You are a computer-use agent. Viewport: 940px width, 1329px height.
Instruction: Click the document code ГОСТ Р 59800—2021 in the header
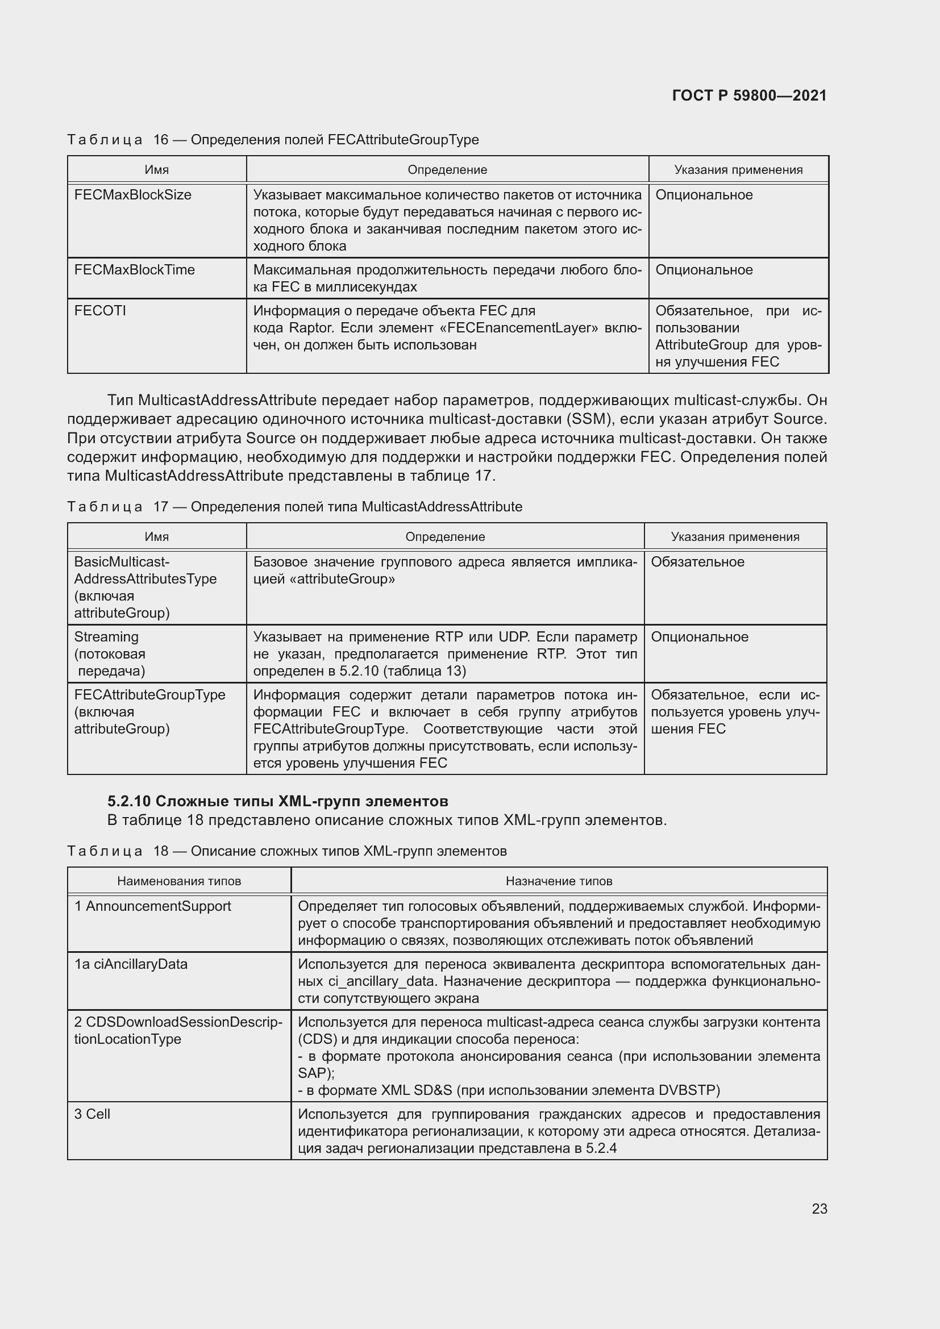coord(749,95)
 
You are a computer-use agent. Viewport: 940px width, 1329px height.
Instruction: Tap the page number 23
coord(819,1209)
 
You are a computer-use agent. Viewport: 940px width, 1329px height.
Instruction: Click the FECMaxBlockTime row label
coord(134,270)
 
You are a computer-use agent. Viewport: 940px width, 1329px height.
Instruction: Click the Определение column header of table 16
coord(447,169)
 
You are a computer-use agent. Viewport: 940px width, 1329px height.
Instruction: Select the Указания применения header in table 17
coord(734,536)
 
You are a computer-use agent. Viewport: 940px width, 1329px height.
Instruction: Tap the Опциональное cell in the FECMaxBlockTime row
coord(703,270)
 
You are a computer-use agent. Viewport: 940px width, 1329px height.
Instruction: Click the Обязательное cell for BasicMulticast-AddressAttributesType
coord(697,562)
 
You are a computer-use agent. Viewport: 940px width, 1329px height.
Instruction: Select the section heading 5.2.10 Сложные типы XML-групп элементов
coord(277,801)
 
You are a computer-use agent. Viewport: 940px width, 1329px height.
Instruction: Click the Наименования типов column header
coord(179,881)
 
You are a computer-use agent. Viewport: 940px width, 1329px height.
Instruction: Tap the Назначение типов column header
coord(559,881)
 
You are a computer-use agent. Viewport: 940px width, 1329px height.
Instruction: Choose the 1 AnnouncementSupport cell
coord(152,906)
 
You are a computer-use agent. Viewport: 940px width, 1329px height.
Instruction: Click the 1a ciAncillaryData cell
coord(131,964)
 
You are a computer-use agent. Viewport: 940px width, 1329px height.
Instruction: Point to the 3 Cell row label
coord(92,1114)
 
